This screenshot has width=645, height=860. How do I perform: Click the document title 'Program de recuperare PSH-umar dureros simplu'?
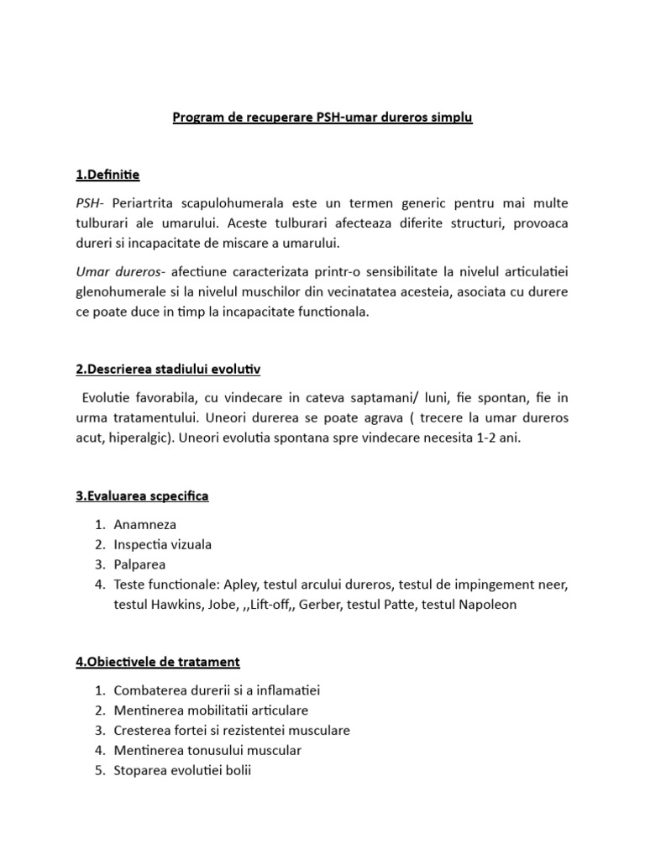[x=322, y=118]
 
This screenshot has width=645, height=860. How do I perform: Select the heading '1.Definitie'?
[x=107, y=175]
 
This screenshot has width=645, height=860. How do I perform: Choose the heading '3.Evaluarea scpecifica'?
[x=142, y=496]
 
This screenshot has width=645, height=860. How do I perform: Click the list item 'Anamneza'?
[x=144, y=524]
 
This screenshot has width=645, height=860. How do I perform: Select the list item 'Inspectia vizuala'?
[x=162, y=544]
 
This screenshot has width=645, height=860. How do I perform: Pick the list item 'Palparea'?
[x=139, y=564]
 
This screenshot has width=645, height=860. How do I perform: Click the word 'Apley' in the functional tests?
[x=235, y=585]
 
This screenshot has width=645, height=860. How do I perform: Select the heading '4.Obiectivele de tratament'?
[x=157, y=662]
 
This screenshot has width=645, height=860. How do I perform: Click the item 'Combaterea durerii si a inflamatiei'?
[x=217, y=690]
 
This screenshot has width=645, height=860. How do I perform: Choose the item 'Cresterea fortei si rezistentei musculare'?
[x=231, y=730]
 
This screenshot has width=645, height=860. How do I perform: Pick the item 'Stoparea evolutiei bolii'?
[x=181, y=770]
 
